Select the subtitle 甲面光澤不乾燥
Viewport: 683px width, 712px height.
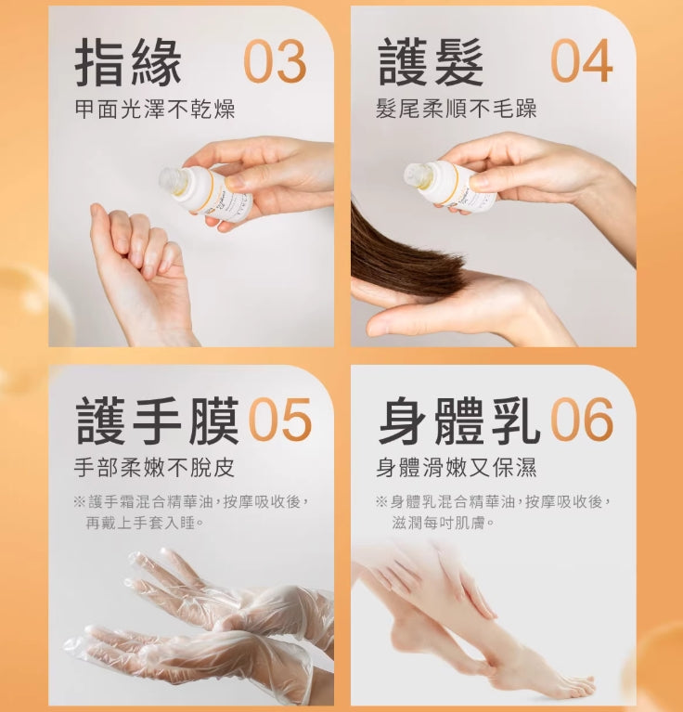click(x=154, y=110)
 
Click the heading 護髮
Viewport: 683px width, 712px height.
click(x=431, y=62)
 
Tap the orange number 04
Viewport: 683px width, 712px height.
click(x=581, y=62)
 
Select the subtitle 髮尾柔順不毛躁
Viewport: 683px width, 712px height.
click(x=456, y=110)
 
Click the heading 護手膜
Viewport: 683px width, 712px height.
click(x=157, y=421)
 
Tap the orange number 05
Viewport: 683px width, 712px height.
click(x=279, y=421)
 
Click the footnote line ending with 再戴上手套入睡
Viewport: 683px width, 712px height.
click(x=145, y=523)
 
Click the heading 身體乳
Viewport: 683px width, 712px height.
click(x=458, y=421)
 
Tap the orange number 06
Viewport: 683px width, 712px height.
click(x=582, y=421)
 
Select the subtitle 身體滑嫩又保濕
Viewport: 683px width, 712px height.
click(x=456, y=468)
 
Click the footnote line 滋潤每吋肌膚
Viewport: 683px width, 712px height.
click(x=444, y=523)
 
